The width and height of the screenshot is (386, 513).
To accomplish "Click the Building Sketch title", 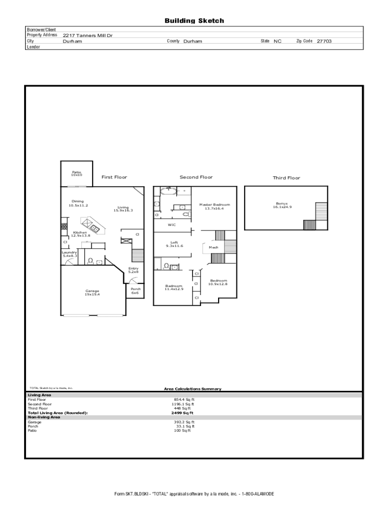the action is click(x=194, y=21).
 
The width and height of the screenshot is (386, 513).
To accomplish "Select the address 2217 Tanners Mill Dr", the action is click(x=87, y=36).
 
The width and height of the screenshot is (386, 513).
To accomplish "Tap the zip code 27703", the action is click(x=324, y=41).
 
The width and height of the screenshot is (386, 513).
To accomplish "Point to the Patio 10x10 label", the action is click(x=77, y=173).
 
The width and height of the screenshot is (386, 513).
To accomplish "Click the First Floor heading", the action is click(x=114, y=177).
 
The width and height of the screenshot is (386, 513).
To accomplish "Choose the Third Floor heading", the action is click(x=286, y=178).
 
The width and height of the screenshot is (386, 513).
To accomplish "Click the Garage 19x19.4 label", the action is click(x=92, y=293).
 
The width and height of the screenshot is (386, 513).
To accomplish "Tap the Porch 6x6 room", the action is click(x=135, y=291).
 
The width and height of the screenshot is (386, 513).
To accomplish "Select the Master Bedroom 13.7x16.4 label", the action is click(x=215, y=206).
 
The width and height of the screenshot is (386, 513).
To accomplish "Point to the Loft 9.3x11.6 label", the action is click(x=174, y=244).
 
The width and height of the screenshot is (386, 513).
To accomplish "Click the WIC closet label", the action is click(x=172, y=225).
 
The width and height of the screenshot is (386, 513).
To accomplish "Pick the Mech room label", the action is click(x=214, y=247).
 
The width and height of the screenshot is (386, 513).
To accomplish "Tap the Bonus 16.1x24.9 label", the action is click(x=282, y=205).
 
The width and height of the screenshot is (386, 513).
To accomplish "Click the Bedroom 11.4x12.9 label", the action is click(x=174, y=287).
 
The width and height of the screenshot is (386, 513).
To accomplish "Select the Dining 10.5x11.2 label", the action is click(x=78, y=203).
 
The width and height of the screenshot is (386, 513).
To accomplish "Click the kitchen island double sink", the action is click(x=95, y=228).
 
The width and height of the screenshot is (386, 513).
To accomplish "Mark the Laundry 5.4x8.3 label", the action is click(x=70, y=254).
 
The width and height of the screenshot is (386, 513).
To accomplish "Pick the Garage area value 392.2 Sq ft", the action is click(x=184, y=422).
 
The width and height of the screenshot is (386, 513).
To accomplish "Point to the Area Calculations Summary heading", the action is click(x=192, y=389).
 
